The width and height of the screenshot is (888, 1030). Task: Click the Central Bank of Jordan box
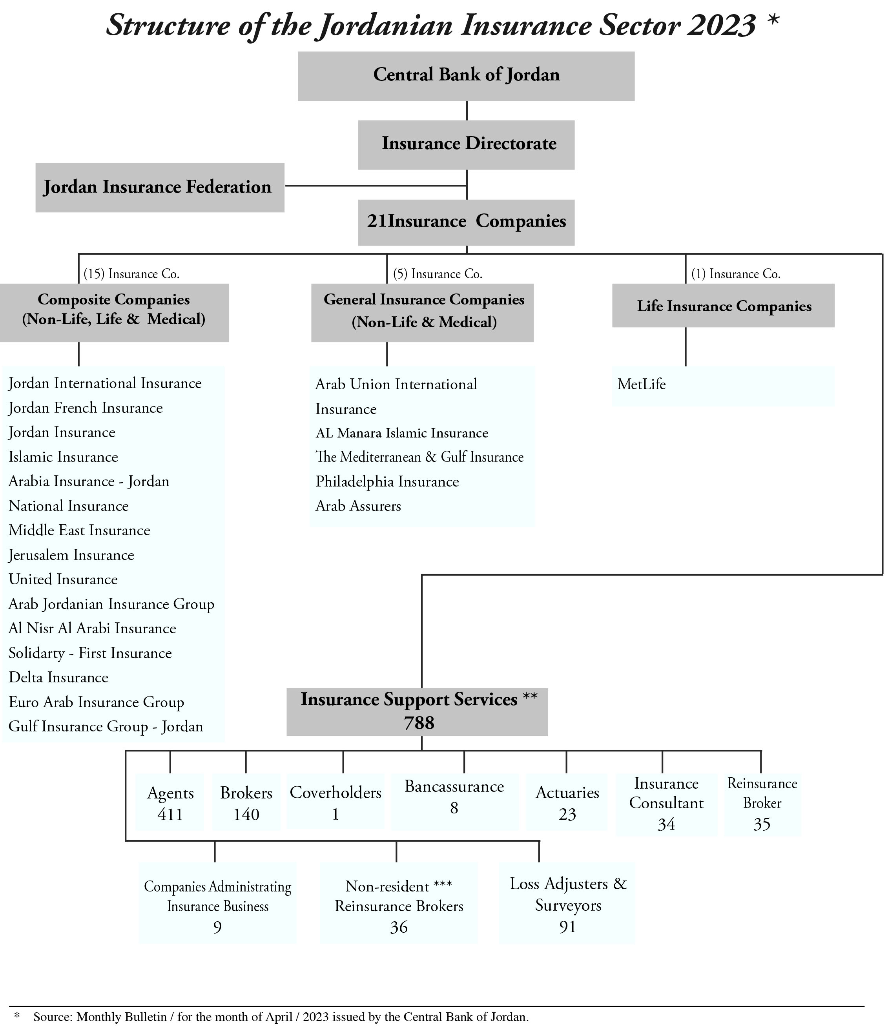tap(466, 76)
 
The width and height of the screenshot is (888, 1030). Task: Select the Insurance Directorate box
tap(466, 144)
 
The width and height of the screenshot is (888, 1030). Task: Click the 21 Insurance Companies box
tap(466, 222)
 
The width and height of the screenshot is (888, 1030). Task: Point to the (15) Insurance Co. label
tap(131, 274)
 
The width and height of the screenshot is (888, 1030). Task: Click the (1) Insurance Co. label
tap(735, 274)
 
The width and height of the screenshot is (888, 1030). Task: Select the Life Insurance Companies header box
tap(723, 306)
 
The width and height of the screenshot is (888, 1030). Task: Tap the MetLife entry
tap(642, 384)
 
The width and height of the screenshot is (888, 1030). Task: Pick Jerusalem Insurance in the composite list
tap(71, 555)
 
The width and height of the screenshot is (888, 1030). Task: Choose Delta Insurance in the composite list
tap(58, 678)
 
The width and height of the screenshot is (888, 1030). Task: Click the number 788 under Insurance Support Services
tap(419, 723)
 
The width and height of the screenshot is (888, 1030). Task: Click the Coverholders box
tap(336, 801)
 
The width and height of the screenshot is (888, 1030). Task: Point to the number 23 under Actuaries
tap(567, 814)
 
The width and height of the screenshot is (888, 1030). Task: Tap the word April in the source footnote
tap(279, 1017)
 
